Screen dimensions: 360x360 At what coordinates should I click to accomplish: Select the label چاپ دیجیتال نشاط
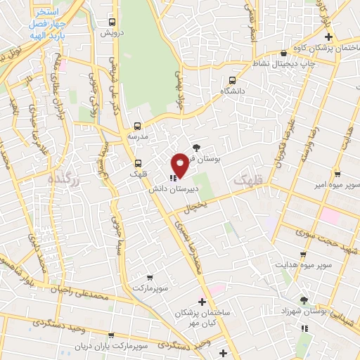(x=282, y=63)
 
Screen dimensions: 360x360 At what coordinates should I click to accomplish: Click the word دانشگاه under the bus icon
(x=232, y=91)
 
